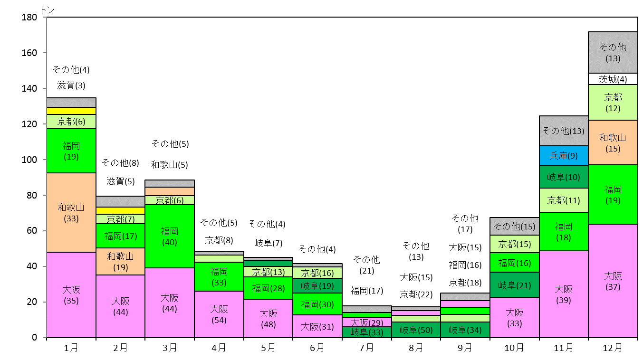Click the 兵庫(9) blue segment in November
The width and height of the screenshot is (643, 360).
click(x=564, y=156)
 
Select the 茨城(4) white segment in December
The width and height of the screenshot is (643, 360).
click(x=613, y=79)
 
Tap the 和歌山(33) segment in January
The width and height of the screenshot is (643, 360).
click(x=71, y=213)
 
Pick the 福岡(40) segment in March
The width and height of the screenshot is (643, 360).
click(x=170, y=237)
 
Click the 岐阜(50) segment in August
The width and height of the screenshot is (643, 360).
click(x=416, y=330)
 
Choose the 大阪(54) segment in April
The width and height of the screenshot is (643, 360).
click(x=219, y=314)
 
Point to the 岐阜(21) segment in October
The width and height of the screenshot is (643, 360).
click(x=514, y=285)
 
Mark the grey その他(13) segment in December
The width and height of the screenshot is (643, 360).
click(x=613, y=53)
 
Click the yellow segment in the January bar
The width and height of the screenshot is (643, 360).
click(x=71, y=111)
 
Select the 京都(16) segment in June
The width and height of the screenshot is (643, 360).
click(x=317, y=273)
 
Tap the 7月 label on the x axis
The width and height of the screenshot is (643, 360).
click(x=366, y=348)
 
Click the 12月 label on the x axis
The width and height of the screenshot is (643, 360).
click(x=613, y=348)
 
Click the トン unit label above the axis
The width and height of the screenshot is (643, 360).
click(x=48, y=10)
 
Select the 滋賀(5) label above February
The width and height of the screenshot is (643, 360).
click(x=121, y=181)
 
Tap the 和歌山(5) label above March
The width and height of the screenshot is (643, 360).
click(x=169, y=165)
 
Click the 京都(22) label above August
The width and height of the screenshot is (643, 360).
click(x=416, y=294)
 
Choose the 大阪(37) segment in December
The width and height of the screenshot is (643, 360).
click(x=613, y=281)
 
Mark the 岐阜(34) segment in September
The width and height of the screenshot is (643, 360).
click(x=465, y=330)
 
